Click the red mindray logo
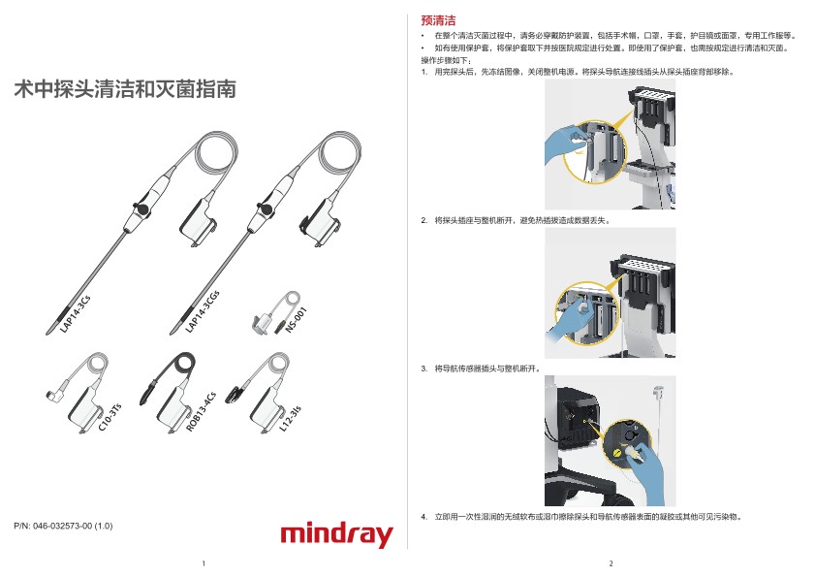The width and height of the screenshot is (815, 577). pyautogui.click(x=336, y=534)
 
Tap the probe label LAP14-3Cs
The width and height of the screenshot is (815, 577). pyautogui.click(x=75, y=314)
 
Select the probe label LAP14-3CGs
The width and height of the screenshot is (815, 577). pyautogui.click(x=203, y=311)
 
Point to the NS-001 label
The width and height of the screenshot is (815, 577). pyautogui.click(x=297, y=320)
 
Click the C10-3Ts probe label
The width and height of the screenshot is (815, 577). pyautogui.click(x=110, y=417)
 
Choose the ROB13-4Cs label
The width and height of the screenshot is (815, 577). pyautogui.click(x=201, y=411)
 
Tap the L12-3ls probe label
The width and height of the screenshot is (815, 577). pyautogui.click(x=290, y=419)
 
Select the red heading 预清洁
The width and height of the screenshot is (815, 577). pyautogui.click(x=438, y=20)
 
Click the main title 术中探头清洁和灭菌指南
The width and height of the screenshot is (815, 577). pyautogui.click(x=125, y=89)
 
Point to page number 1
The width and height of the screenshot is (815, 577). pyautogui.click(x=204, y=563)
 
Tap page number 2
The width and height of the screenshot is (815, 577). pyautogui.click(x=611, y=563)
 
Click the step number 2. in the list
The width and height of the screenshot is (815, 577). pyautogui.click(x=424, y=220)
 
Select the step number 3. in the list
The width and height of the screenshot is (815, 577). pyautogui.click(x=424, y=369)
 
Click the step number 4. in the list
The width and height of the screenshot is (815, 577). pyautogui.click(x=424, y=517)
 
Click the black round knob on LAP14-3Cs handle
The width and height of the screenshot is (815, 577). pyautogui.click(x=141, y=208)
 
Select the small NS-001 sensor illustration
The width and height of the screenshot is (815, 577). pyautogui.click(x=276, y=312)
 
